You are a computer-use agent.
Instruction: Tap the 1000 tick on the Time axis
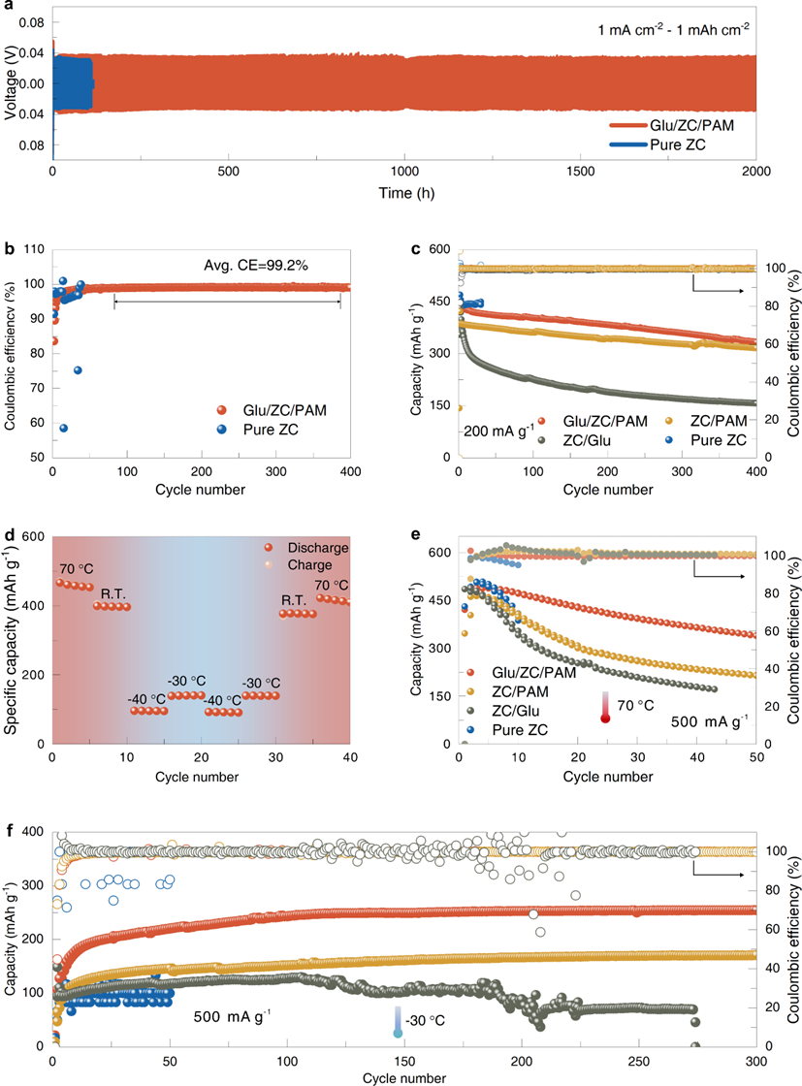click(404, 171)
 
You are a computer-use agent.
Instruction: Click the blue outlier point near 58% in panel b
click(63, 428)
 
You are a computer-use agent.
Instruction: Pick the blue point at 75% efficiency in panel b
click(78, 369)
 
